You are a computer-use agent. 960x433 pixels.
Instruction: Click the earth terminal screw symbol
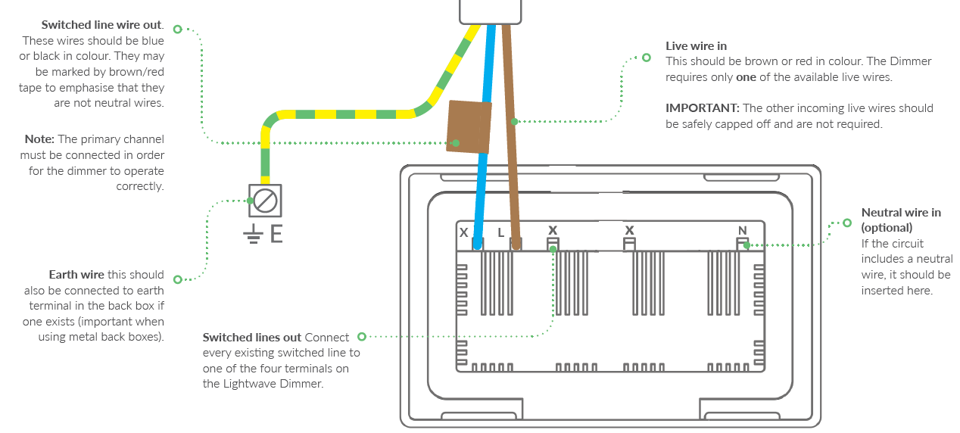click(265, 201)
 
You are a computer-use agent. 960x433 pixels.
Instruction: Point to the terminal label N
click(742, 230)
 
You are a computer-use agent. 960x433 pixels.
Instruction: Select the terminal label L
click(500, 232)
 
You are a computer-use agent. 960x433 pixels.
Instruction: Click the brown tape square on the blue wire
click(469, 127)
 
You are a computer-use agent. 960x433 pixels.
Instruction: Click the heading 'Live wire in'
click(696, 46)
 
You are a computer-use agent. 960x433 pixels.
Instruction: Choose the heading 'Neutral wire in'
click(901, 212)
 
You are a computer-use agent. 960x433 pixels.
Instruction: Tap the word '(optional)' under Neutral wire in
click(887, 227)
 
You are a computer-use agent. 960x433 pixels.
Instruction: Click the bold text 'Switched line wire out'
click(101, 25)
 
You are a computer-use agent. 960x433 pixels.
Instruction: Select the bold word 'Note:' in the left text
click(39, 139)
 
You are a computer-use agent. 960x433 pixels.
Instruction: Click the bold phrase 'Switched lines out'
click(252, 337)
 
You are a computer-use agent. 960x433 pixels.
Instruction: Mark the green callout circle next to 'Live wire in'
click(646, 58)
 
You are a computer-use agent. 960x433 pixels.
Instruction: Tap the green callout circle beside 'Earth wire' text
click(178, 279)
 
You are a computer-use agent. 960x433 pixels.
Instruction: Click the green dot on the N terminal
click(746, 245)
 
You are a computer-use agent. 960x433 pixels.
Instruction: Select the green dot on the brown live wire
click(514, 121)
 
